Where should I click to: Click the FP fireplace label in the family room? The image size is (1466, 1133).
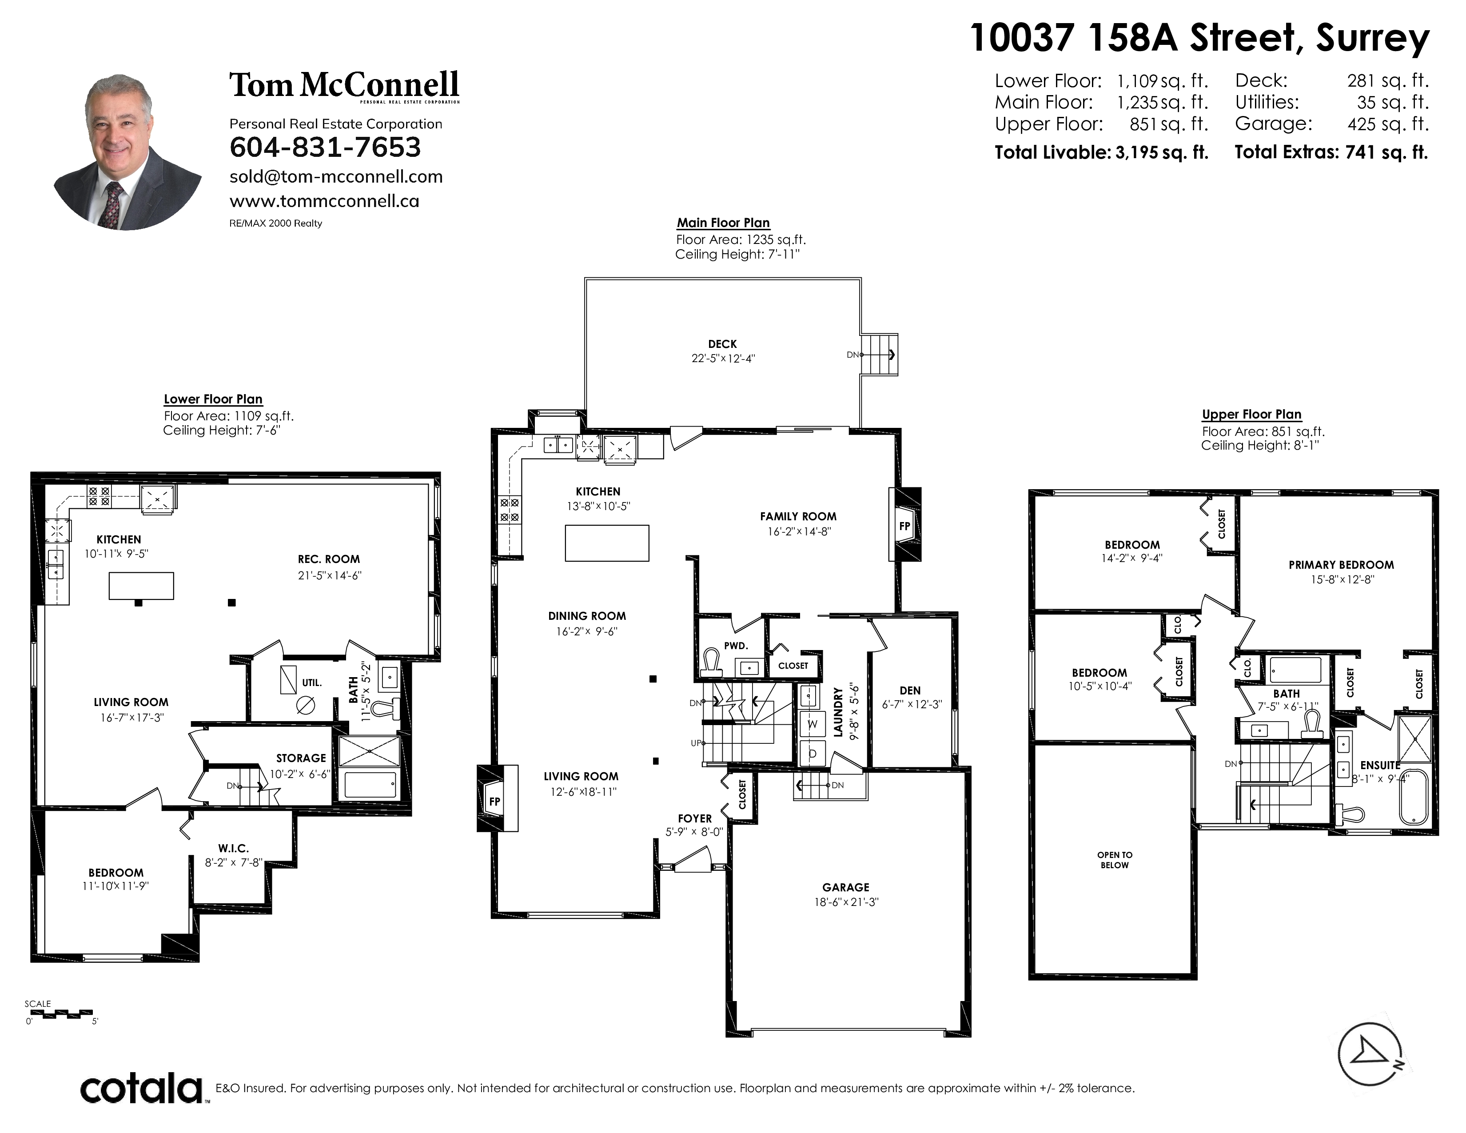coord(904,526)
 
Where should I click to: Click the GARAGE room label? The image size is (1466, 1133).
coord(846,887)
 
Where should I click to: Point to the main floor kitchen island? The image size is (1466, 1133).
coord(607,543)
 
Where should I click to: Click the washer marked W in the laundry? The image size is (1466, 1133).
coord(812,724)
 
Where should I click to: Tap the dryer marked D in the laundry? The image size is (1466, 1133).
coord(812,754)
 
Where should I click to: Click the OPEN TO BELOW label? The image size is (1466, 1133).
coord(1114,860)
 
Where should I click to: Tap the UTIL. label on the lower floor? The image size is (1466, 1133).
coord(311,682)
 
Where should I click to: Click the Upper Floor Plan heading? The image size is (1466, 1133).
coord(1251,415)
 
